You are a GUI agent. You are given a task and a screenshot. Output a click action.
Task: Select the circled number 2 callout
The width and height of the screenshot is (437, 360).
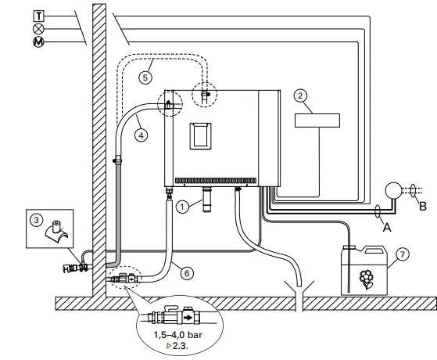point(299,95)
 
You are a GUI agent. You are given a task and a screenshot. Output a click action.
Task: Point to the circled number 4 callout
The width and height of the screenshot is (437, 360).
point(141,135)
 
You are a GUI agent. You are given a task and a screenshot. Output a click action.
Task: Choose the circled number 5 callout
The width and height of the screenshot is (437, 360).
point(145,77)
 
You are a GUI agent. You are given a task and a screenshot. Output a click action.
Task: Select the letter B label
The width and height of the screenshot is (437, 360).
point(423,208)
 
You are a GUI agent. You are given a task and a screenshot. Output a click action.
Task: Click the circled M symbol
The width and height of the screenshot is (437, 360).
point(16,41)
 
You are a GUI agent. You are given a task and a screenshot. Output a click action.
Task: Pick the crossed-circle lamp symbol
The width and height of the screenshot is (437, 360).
point(16,27)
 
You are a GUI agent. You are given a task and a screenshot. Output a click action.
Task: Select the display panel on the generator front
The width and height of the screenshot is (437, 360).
point(200,135)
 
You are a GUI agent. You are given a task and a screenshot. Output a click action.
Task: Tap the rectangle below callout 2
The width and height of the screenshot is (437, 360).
point(317,120)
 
